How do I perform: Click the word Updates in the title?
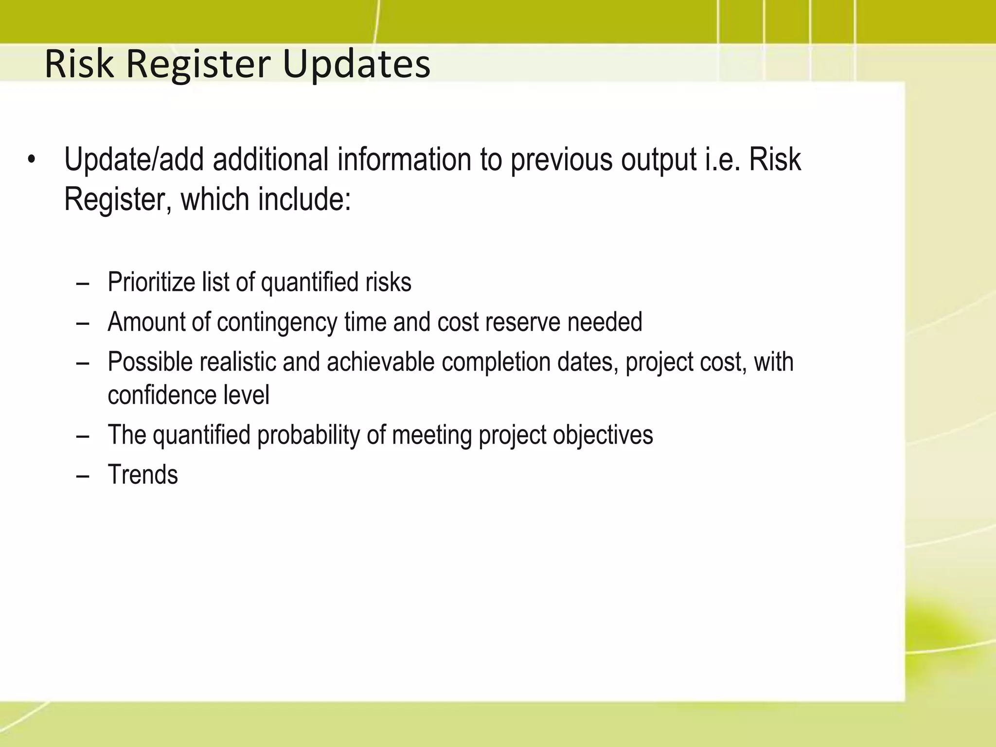click(356, 64)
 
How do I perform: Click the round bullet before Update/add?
click(32, 160)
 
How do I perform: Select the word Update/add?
click(134, 160)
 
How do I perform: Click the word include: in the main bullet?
click(304, 199)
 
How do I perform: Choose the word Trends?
click(142, 475)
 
